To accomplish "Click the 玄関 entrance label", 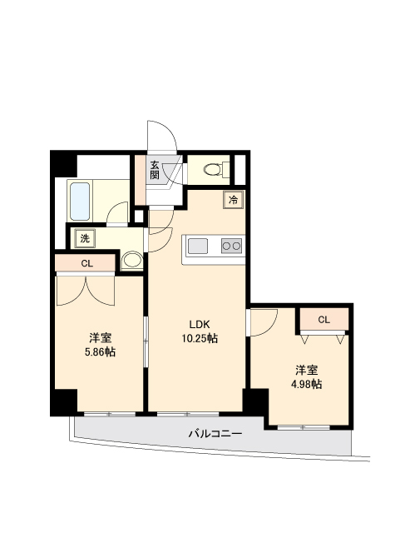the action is pos(154,170).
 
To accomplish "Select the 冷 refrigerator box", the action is pos(234,200).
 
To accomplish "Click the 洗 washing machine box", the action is pos(85,238).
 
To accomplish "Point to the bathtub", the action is pos(80,202).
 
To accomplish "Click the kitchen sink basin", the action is pos(198,246).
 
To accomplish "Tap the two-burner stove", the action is pos(231,246).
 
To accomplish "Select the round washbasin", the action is pos(132,261).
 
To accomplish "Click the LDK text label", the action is pos(200,325).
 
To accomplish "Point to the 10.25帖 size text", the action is pos(200,338).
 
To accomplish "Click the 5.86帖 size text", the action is pos(100,351).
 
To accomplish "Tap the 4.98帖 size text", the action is pos(306,384).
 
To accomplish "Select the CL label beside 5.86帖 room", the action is pos(87,263).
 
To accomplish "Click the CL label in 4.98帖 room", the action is pos(324,320).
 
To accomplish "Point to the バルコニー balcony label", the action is pos(215,433).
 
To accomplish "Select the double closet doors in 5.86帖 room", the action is pos(85,291).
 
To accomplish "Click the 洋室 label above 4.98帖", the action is pos(306,370).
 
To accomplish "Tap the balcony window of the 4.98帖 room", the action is pos(304,427).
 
